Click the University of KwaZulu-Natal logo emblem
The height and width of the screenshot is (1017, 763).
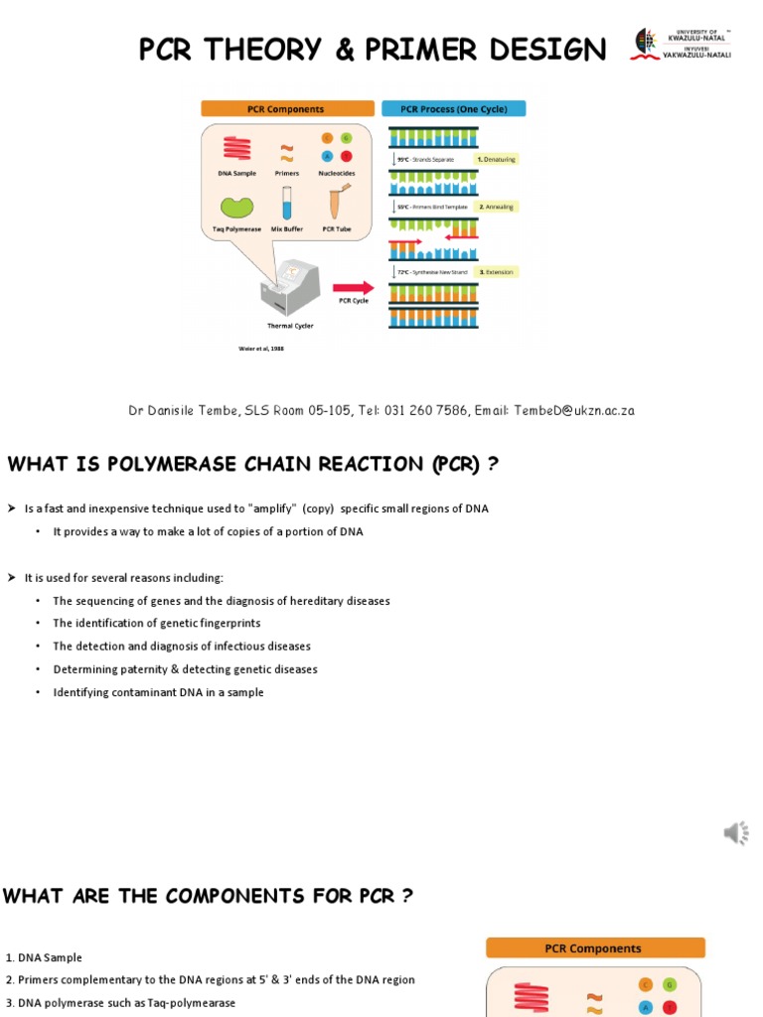coord(647,45)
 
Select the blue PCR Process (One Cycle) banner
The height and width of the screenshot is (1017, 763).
coord(453,108)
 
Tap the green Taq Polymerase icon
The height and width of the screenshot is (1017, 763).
coord(236,207)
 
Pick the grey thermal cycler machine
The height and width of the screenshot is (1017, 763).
coord(289,287)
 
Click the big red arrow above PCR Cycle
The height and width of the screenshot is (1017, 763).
coord(353,287)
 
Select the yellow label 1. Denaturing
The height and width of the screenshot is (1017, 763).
coord(497,159)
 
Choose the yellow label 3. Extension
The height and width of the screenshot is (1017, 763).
coord(496,271)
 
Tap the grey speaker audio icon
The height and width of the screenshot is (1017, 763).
coord(735,833)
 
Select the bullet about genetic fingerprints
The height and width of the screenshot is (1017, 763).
coord(157,623)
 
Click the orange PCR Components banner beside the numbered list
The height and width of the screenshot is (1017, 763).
coord(594,948)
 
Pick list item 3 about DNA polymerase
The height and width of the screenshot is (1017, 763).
coord(120,1002)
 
